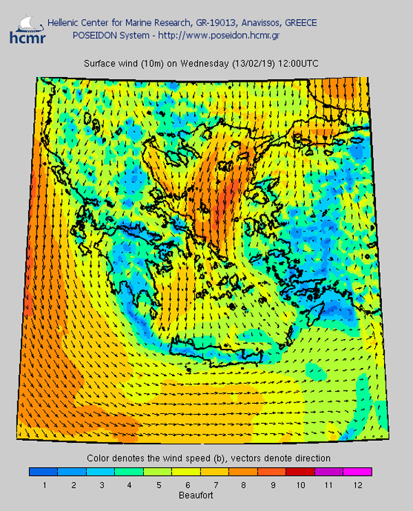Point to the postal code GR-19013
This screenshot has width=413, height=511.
click(x=214, y=23)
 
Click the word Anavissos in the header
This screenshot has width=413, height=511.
click(x=257, y=23)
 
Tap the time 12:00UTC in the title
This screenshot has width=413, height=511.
click(x=297, y=63)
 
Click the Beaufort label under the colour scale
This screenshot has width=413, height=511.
click(x=199, y=494)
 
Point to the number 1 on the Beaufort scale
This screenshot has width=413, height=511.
click(x=43, y=485)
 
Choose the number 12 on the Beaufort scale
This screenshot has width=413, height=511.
click(x=357, y=485)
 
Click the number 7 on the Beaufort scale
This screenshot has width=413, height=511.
click(x=214, y=485)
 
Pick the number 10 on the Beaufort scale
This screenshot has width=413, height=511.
click(x=300, y=485)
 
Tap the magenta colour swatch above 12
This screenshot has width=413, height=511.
click(x=357, y=472)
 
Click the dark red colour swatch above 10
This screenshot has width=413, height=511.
click(x=300, y=472)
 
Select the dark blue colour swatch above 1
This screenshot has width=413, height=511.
click(x=43, y=472)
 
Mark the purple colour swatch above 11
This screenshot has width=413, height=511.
click(x=328, y=472)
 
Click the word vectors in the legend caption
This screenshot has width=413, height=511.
click(x=251, y=458)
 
